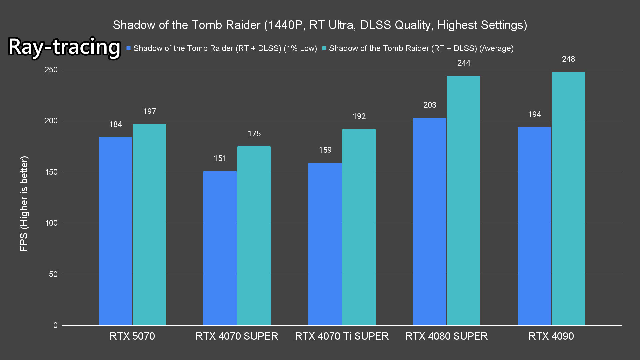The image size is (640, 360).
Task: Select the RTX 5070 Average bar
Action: (x=149, y=225)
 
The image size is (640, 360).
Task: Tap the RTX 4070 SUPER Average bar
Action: (x=254, y=236)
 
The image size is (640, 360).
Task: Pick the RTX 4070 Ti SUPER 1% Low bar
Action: (x=325, y=244)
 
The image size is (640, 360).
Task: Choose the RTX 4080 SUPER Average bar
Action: (x=464, y=200)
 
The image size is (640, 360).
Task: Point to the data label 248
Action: (x=568, y=59)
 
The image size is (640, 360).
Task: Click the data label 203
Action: (x=430, y=105)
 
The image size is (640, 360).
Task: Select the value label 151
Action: (x=220, y=158)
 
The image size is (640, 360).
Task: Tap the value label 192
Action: (x=359, y=116)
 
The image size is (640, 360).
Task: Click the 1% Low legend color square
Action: (x=128, y=49)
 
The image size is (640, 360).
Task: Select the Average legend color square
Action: (x=324, y=49)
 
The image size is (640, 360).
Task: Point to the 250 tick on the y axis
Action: (x=51, y=70)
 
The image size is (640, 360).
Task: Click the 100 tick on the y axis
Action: (x=51, y=223)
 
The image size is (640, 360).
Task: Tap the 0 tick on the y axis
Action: (x=55, y=325)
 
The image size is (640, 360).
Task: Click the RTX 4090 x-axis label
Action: (x=551, y=336)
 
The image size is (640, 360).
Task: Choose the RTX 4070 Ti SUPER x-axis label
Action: (x=342, y=336)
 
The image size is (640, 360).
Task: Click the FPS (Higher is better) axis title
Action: (x=24, y=203)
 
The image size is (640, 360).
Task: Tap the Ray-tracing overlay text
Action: (x=64, y=47)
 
